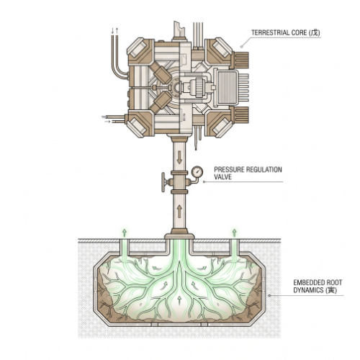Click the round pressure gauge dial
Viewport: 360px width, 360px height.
click(197, 171)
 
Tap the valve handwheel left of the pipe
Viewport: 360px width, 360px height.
click(163, 182)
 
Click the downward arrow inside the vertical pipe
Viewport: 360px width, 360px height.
click(179, 158)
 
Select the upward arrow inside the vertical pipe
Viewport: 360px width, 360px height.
click(179, 212)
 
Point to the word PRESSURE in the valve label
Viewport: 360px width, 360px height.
click(228, 170)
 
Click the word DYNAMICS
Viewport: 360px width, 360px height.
click(308, 290)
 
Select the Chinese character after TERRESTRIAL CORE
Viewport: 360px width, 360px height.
click(315, 32)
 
